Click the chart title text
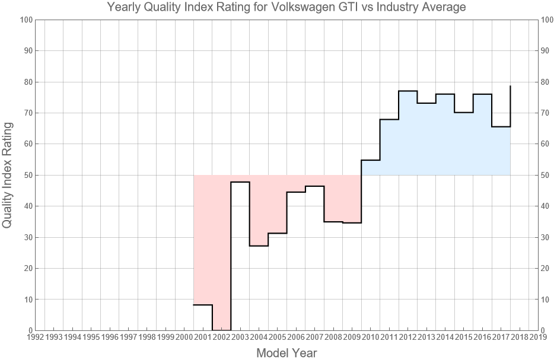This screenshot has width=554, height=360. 286,8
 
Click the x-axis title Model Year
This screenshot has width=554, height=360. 286,353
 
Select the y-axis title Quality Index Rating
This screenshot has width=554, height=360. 8,175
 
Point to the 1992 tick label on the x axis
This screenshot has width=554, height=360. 35,337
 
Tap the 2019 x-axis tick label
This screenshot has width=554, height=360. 538,337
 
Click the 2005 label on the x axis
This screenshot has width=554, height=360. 277,337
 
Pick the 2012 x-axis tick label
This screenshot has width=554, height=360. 407,337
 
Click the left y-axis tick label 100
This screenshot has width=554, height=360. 25,20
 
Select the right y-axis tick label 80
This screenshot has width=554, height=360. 547,82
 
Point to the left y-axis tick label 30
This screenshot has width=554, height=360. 27,237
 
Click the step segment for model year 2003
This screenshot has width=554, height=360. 240,182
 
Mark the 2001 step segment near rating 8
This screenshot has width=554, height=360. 203,305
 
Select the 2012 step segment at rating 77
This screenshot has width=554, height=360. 407,91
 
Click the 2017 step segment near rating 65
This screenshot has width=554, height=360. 501,126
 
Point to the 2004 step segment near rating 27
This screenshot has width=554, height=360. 259,246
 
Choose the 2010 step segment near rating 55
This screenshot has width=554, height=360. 370,160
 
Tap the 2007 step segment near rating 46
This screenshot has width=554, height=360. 314,186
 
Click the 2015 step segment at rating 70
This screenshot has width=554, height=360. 463,112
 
